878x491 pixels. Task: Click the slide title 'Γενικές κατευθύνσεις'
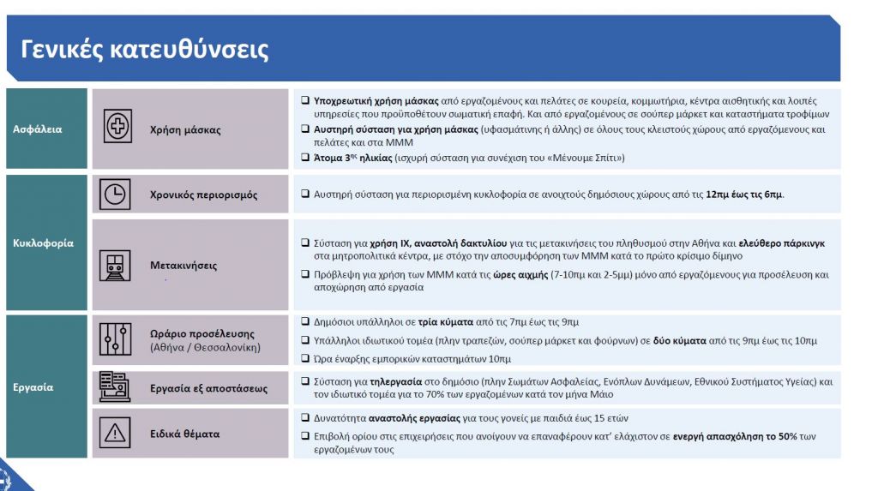click(x=144, y=50)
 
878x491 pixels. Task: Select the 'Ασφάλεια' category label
click(x=37, y=129)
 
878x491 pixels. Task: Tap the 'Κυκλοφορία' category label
click(x=43, y=243)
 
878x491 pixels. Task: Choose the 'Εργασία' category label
click(x=33, y=386)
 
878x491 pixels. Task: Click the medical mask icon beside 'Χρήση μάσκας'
click(x=117, y=127)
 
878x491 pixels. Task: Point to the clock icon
click(x=114, y=195)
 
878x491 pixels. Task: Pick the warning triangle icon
click(x=114, y=433)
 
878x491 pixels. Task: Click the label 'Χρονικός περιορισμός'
click(x=203, y=195)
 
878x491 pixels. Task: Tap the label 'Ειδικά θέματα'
click(x=184, y=434)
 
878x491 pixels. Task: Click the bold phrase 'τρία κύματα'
click(x=447, y=322)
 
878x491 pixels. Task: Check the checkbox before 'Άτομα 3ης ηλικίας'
click(x=305, y=157)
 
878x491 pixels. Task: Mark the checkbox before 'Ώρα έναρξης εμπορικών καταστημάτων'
click(x=305, y=358)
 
